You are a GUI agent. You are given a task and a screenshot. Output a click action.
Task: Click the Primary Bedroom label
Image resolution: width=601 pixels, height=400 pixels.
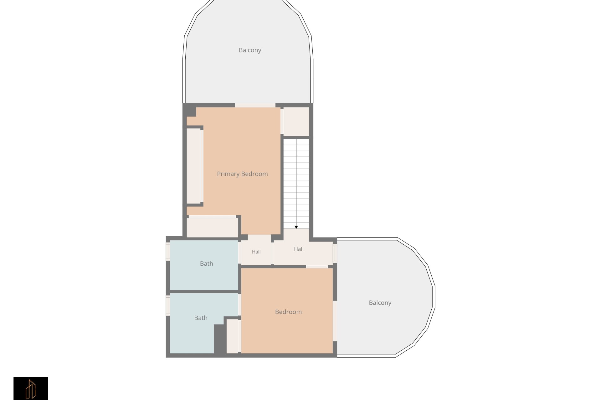(242, 174)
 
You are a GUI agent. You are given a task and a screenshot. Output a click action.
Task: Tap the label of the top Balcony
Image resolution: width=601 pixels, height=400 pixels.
(250, 50)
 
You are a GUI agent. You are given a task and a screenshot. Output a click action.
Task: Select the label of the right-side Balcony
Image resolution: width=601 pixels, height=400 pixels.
(380, 303)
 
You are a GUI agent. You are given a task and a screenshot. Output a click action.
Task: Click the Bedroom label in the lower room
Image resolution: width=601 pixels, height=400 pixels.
(288, 312)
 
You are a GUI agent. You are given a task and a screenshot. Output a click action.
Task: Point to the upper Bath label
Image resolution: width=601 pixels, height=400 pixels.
(206, 264)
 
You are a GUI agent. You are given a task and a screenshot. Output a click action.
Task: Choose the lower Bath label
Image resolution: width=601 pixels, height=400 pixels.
(201, 318)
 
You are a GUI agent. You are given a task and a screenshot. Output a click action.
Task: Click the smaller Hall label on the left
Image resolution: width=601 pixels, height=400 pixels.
(256, 252)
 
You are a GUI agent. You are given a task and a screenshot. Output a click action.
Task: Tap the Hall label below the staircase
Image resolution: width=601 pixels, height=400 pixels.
(299, 249)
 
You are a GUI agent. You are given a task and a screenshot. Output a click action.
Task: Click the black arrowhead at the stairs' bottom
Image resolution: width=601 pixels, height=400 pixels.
(296, 227)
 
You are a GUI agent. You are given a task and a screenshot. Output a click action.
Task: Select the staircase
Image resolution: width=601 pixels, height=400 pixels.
(296, 184)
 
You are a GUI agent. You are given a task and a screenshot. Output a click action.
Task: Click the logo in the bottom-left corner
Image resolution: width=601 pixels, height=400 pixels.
(31, 388)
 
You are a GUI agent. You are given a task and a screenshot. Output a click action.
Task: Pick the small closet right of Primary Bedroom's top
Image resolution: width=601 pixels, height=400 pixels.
(296, 122)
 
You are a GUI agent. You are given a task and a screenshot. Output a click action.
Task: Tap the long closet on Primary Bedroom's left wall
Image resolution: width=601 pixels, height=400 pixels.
(193, 166)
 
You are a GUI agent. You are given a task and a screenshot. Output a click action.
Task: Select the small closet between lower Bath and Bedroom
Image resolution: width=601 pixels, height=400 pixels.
(232, 336)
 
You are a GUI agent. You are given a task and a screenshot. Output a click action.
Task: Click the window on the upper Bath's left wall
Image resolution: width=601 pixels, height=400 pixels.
(168, 251)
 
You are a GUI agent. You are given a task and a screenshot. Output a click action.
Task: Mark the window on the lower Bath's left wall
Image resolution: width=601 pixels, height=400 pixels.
(168, 306)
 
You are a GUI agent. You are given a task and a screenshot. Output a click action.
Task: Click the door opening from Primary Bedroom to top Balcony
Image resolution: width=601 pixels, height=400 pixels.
(255, 105)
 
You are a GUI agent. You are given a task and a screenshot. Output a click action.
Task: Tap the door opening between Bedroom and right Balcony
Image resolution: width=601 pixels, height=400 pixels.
(335, 321)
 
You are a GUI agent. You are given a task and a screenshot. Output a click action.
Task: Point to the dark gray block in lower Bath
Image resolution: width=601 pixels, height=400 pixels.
(219, 339)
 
